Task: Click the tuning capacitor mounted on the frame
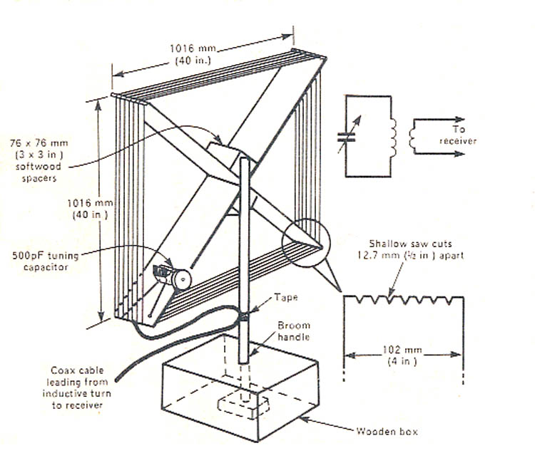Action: pos(172,274)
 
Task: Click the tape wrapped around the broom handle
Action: pos(243,316)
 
